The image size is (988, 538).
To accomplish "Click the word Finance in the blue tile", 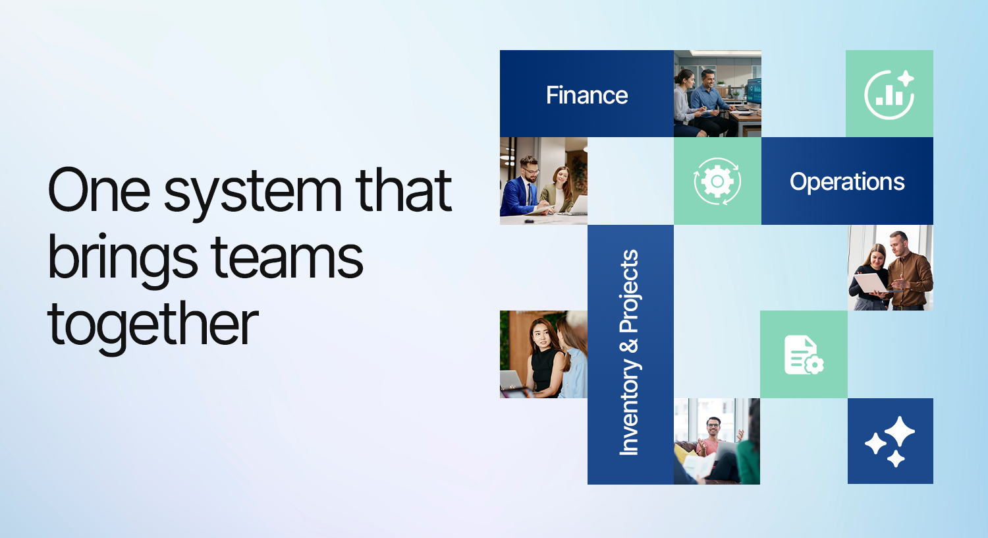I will tap(587, 96).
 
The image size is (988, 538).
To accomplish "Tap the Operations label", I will tap(847, 182).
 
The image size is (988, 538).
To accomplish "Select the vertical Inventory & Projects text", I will tap(630, 353).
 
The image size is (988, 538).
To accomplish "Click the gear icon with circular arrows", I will tap(717, 181).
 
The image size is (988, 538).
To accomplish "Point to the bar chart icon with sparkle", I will tap(889, 94).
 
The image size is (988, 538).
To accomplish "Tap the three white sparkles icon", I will tap(890, 441).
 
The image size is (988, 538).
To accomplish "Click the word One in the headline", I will tap(99, 190).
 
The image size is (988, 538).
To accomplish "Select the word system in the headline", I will tap(253, 193).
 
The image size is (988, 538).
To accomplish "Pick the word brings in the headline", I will tap(122, 258).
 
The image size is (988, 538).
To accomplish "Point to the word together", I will tap(153, 324).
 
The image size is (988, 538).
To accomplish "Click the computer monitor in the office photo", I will tap(754, 92).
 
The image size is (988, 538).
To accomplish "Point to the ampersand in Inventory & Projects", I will tap(630, 346).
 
